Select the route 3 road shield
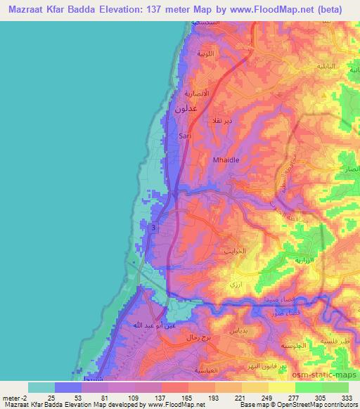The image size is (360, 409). click(153, 226)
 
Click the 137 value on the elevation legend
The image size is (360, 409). click(148, 398)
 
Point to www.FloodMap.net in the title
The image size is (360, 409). click(259, 9)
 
